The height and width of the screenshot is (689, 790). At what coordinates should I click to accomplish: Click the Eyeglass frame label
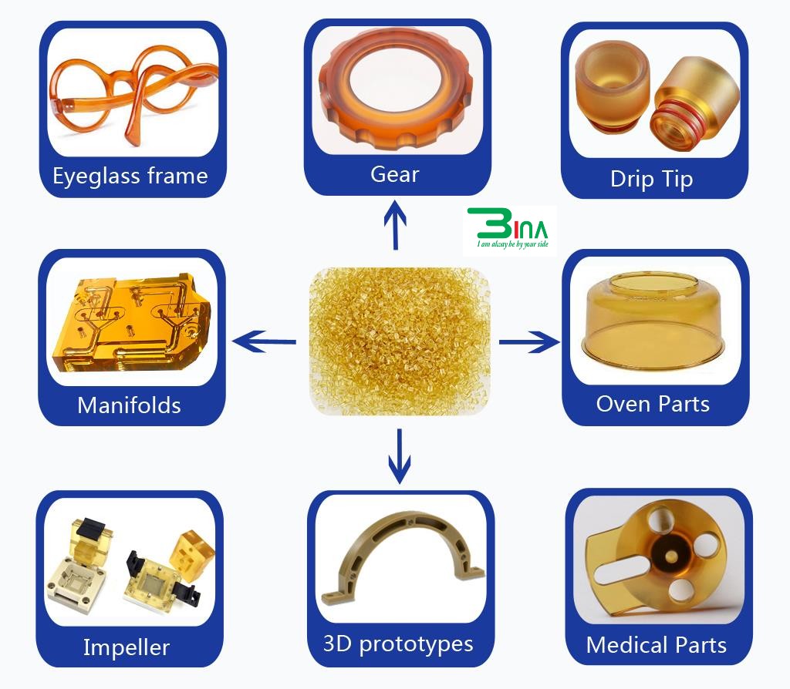pos(130,176)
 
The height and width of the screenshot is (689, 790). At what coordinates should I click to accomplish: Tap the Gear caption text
pos(394,175)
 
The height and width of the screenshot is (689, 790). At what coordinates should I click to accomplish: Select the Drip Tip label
pos(651,180)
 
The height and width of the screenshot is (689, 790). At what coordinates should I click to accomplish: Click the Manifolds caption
pos(129,405)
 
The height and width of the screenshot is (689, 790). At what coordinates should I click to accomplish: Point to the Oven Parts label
pos(653,404)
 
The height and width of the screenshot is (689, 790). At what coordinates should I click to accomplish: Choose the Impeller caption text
pos(127,647)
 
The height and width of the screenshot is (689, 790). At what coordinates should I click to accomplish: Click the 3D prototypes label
pos(398,644)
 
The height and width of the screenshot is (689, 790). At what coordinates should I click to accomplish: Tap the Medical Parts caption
pos(657,645)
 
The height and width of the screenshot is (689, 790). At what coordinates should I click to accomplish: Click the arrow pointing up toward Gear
pos(396,224)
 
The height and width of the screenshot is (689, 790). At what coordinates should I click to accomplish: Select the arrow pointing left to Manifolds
pos(264,341)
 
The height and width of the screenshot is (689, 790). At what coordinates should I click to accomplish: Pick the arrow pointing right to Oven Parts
pos(529,341)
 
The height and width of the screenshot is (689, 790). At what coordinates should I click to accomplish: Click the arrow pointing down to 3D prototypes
pos(400,456)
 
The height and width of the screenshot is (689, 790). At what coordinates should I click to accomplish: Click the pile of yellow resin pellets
pos(400,341)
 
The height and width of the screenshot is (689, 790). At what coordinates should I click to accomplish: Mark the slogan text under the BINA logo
pos(513,244)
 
